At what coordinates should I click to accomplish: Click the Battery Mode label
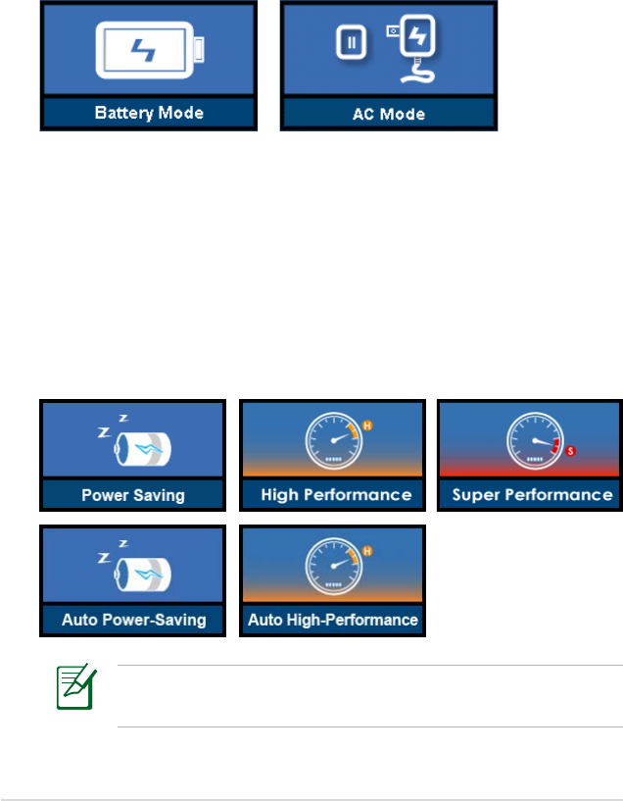pyautogui.click(x=149, y=113)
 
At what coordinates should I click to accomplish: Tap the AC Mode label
pyautogui.click(x=389, y=113)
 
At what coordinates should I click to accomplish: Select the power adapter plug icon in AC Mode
pyautogui.click(x=419, y=45)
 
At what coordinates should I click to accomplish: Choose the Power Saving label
pyautogui.click(x=133, y=495)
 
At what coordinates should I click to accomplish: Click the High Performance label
pyautogui.click(x=335, y=495)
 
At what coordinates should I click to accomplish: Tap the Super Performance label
pyautogui.click(x=531, y=495)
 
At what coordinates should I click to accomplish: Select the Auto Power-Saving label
pyautogui.click(x=133, y=620)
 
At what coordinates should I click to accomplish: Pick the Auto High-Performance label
pyautogui.click(x=333, y=620)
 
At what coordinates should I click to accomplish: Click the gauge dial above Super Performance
pyautogui.click(x=532, y=442)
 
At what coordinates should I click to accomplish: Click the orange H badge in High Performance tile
pyautogui.click(x=368, y=426)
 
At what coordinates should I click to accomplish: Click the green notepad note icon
pyautogui.click(x=75, y=689)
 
